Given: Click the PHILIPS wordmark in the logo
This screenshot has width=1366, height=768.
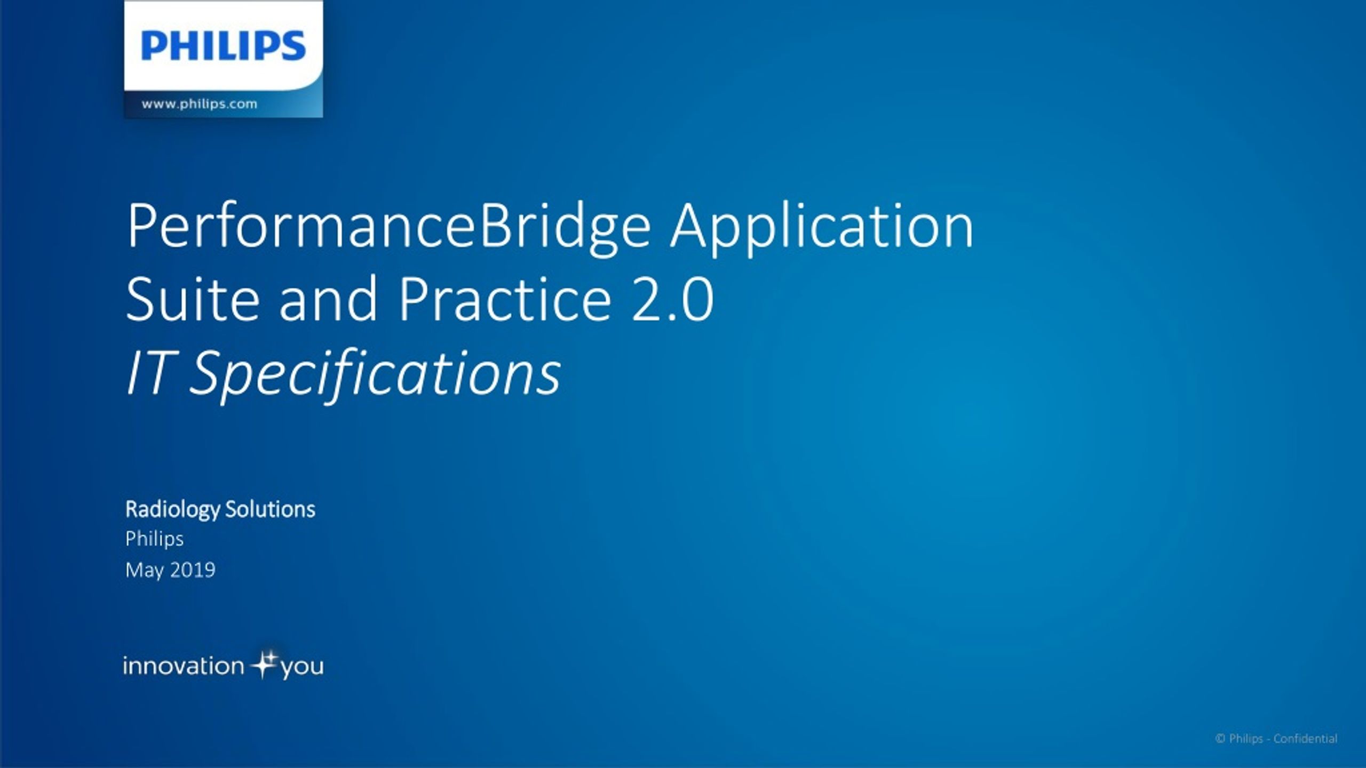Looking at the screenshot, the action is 224,46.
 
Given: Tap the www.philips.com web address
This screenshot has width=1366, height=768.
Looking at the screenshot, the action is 199,104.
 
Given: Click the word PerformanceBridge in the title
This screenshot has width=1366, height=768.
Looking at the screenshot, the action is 388,226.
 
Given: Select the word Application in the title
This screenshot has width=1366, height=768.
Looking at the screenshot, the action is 822,226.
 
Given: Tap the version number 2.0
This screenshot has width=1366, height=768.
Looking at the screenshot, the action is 672,300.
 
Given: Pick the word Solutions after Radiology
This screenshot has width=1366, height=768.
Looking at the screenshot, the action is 270,509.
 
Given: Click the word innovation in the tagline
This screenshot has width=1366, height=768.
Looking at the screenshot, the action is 184,666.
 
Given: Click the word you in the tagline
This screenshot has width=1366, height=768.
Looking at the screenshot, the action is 301,668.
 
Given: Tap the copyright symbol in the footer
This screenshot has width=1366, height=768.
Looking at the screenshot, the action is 1220,739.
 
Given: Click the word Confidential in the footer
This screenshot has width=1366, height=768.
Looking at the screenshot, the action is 1306,739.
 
